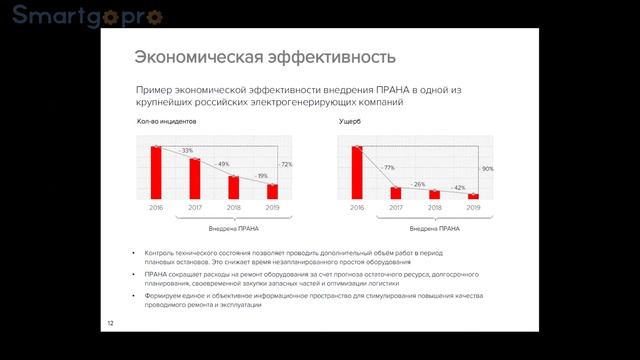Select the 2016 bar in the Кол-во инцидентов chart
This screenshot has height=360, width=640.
click(x=156, y=172)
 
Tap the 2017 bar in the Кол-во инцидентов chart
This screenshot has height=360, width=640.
click(x=195, y=178)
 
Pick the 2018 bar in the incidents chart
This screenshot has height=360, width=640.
click(x=233, y=187)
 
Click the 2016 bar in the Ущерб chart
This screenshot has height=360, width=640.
click(x=357, y=172)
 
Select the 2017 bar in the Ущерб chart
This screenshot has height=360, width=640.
click(x=396, y=192)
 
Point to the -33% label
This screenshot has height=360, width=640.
click(x=186, y=150)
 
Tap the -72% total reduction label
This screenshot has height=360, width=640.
click(x=286, y=164)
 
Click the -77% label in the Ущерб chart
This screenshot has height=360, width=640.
click(x=389, y=168)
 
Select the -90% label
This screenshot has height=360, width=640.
click(x=487, y=169)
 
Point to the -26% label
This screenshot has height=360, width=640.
click(x=419, y=185)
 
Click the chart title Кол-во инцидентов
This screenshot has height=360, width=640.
click(x=166, y=122)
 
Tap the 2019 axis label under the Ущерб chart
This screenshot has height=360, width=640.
click(x=473, y=207)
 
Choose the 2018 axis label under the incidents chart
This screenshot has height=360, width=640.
click(x=233, y=207)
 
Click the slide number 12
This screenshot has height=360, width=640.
click(x=111, y=322)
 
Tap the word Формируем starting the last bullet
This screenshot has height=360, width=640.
click(x=163, y=296)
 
